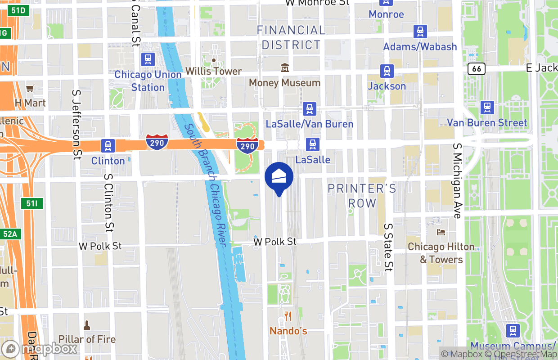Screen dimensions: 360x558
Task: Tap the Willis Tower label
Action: tap(213, 71)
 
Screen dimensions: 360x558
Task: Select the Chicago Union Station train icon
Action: tap(148, 59)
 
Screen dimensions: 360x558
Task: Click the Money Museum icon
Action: tap(284, 68)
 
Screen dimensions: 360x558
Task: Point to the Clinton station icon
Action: tap(108, 146)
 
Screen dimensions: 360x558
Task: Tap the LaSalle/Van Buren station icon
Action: tap(309, 109)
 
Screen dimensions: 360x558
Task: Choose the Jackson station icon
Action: tap(387, 71)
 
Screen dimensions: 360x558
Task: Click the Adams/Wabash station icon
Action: tap(420, 31)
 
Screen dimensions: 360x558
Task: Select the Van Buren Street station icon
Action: tap(487, 108)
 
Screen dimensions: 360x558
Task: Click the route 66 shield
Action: tap(476, 69)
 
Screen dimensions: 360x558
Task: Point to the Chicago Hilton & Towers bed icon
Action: tap(441, 232)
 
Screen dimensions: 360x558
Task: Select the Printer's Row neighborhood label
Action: tap(362, 195)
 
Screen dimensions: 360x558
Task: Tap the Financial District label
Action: tap(291, 37)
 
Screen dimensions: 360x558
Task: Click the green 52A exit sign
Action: tap(11, 234)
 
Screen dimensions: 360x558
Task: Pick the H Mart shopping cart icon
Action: tap(30, 89)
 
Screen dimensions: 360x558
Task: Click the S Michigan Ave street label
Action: tap(458, 181)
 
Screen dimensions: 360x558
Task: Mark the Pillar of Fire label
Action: tap(87, 339)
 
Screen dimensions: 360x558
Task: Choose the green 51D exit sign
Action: tap(18, 9)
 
